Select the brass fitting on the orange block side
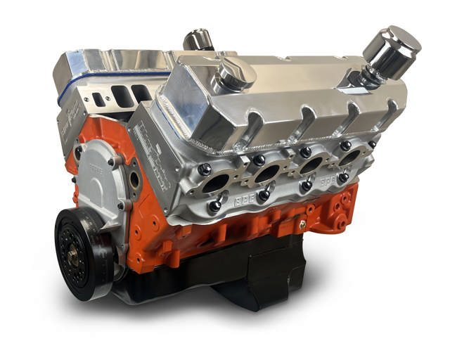(x=302, y=224)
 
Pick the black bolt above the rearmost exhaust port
(x=345, y=145)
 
